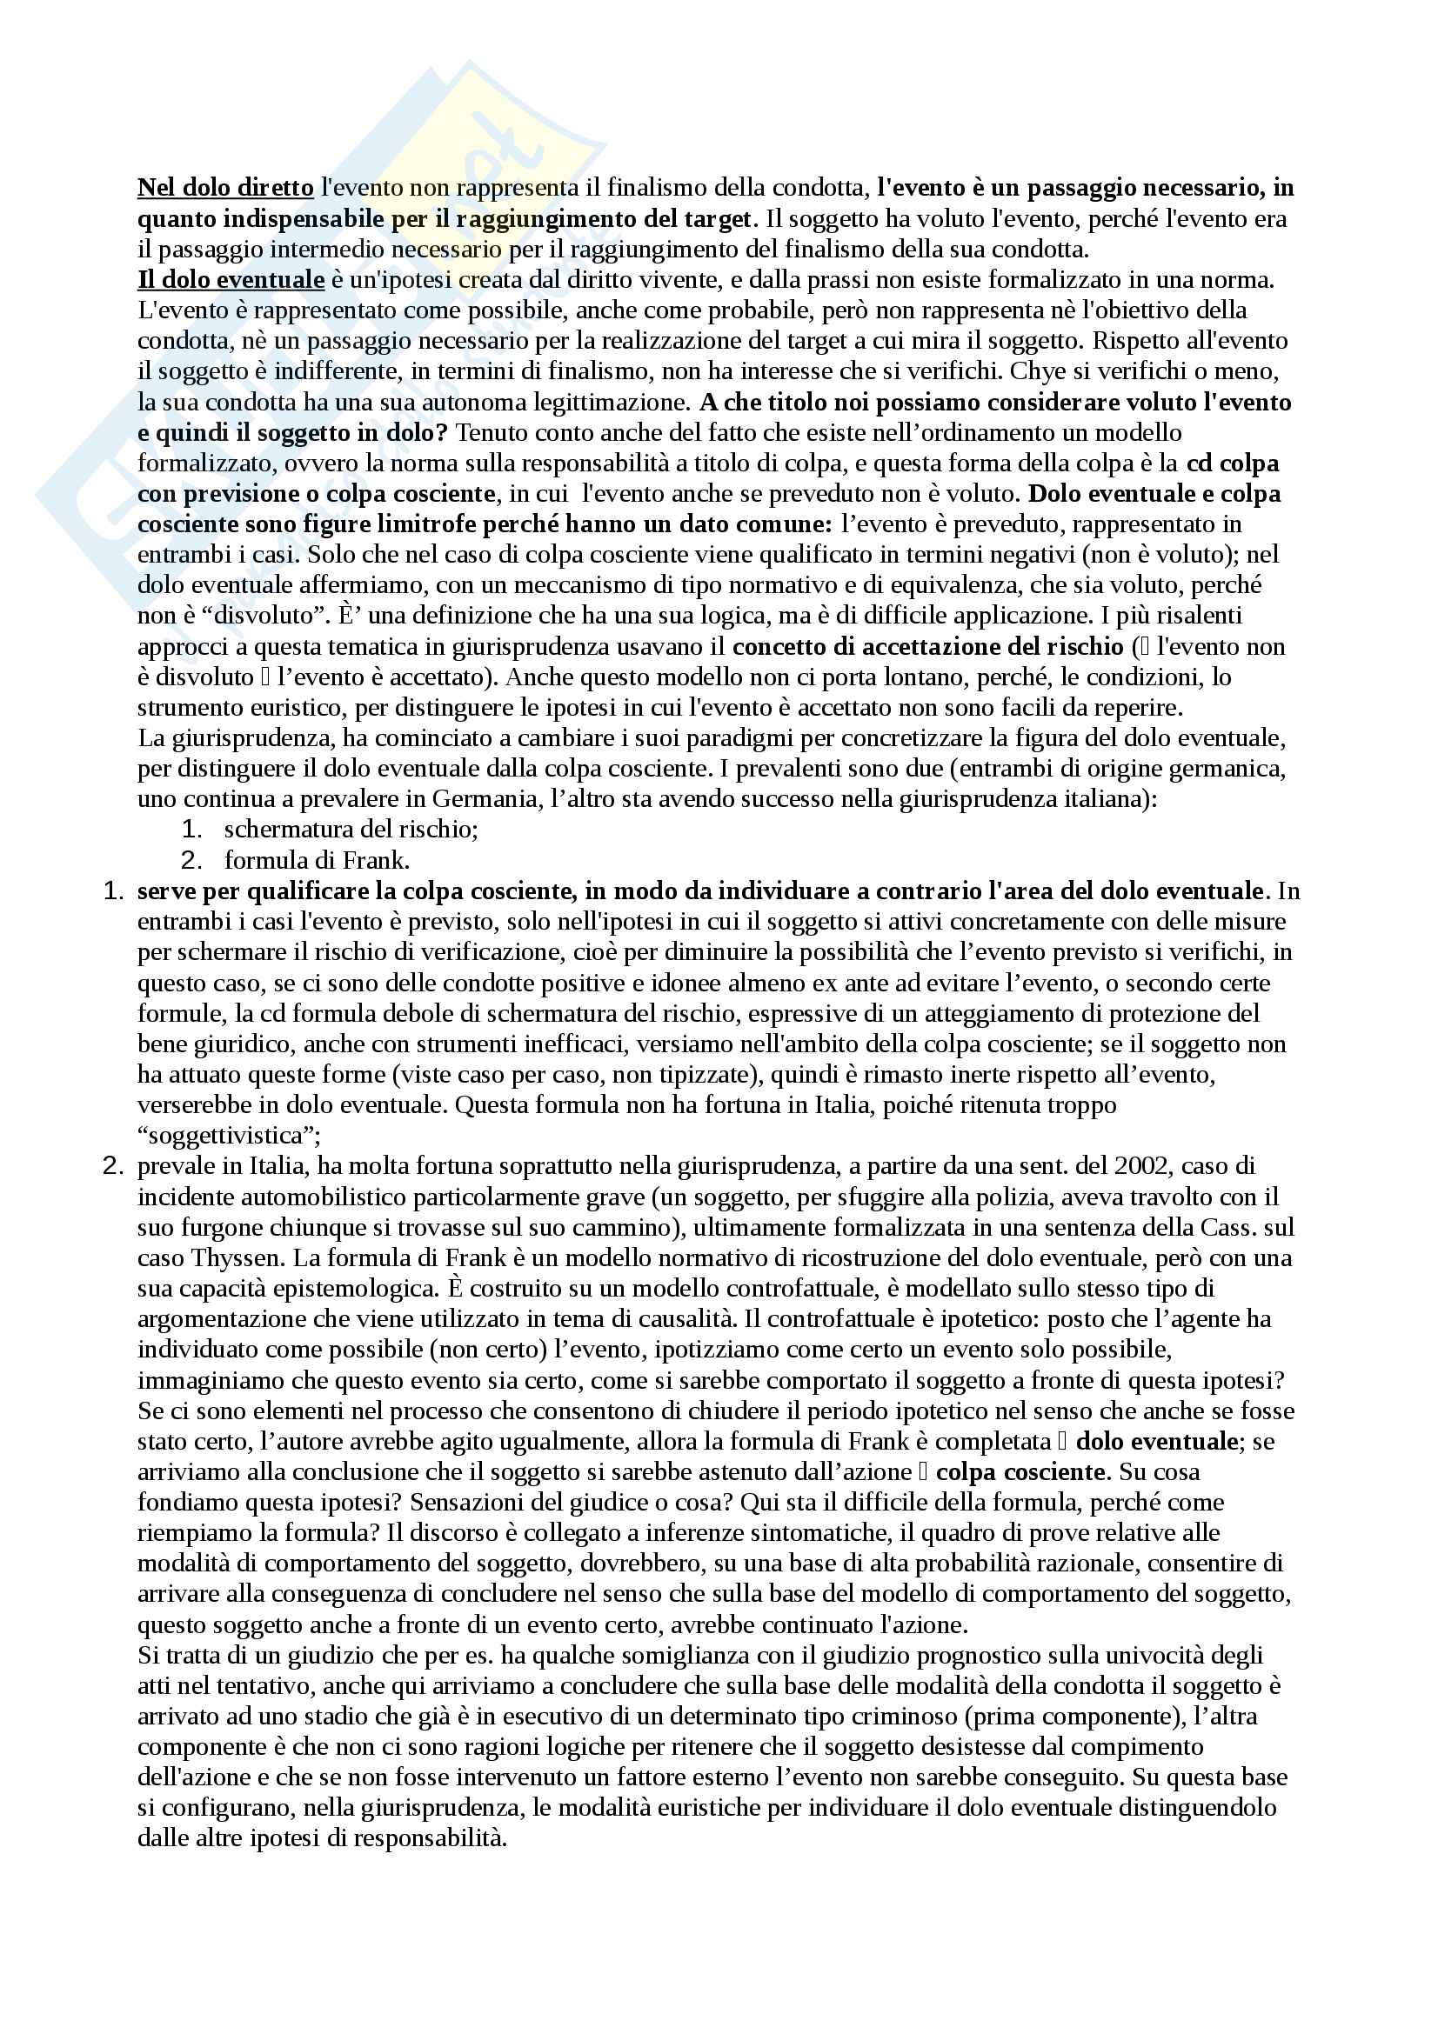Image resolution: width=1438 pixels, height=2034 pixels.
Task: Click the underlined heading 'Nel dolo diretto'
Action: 225,188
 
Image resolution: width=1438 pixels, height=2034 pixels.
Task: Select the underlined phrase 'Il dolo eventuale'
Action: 231,280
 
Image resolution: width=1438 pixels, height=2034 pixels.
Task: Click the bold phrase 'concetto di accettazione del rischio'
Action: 927,647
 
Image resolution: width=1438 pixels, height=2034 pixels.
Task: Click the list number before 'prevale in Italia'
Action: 112,1166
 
